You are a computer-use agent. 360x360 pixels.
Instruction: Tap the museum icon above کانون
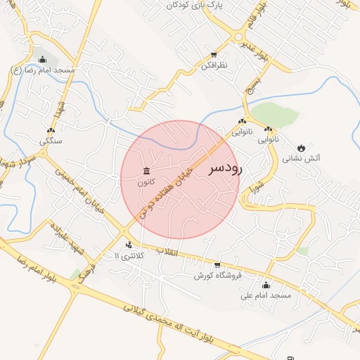pos(146,172)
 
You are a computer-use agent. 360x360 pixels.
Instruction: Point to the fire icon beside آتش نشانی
pos(302,148)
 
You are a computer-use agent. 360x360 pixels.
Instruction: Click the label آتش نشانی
pos(301,159)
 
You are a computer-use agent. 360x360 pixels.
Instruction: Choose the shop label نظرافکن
pos(213,65)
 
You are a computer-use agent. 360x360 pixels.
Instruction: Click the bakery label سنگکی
pos(50,141)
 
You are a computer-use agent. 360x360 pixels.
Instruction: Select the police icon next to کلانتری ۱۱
pos(129,245)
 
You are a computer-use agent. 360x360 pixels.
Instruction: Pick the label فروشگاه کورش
pos(218,276)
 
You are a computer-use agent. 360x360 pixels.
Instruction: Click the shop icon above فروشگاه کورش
pos(217,265)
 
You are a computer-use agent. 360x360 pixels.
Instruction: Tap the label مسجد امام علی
pos(266,295)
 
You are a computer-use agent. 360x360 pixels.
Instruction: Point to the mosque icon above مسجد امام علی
pos(266,285)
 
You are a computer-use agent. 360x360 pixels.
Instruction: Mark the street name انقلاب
pos(169,252)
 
